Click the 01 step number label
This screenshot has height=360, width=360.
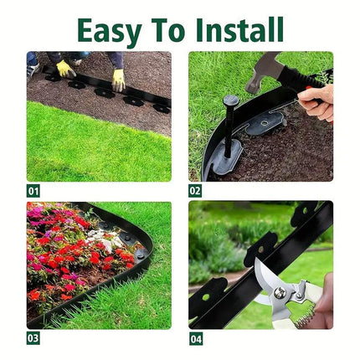tap(33, 191)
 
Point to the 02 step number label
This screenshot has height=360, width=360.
tap(195, 191)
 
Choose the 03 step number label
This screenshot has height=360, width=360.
tap(33, 338)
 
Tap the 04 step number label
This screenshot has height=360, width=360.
tap(195, 338)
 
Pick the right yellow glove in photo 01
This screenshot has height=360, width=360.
tap(119, 80)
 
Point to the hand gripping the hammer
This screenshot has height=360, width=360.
tap(315, 101)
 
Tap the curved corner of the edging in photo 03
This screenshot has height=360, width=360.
tap(142, 252)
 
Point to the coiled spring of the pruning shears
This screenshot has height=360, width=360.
tap(307, 317)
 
